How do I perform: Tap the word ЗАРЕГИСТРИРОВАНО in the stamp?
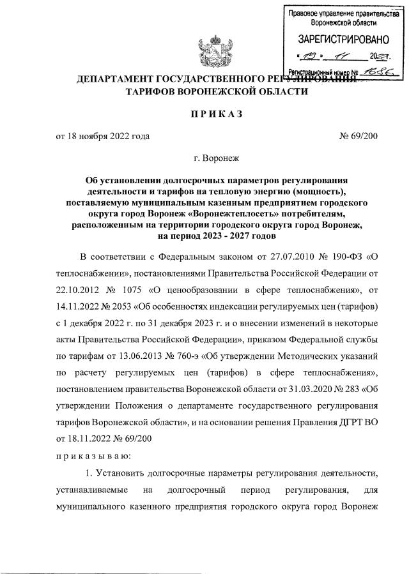tap(338, 40)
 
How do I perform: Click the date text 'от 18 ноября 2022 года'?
tap(102, 136)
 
